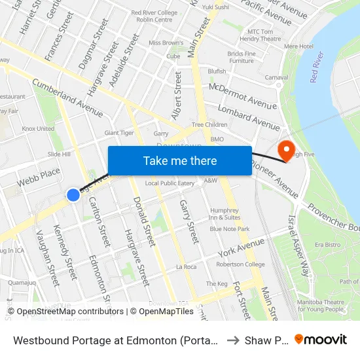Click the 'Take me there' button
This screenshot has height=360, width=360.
click(179, 160)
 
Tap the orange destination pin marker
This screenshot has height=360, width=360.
click(286, 151)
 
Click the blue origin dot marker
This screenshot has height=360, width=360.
click(73, 194)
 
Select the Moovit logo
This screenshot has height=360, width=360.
click(321, 339)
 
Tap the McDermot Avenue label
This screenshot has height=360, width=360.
click(243, 96)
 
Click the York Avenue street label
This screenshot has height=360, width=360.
click(242, 247)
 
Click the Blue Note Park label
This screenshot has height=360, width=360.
click(230, 229)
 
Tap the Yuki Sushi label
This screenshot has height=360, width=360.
click(215, 7)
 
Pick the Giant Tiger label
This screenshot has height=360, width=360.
click(119, 133)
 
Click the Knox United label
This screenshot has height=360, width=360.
click(38, 129)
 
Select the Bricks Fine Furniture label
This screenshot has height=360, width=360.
click(242, 57)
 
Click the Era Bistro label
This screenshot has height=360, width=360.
click(328, 244)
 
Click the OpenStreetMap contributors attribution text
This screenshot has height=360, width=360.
click(65, 312)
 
